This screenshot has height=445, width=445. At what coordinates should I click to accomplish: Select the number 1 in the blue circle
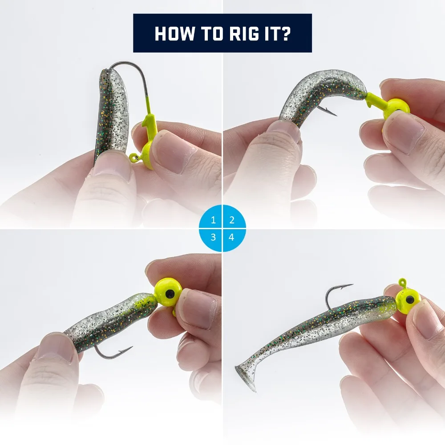[214, 220]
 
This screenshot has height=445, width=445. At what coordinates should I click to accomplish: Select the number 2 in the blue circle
[232, 220]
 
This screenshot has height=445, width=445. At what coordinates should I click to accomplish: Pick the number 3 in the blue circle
[214, 237]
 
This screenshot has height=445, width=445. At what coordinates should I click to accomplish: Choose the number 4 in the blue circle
[231, 237]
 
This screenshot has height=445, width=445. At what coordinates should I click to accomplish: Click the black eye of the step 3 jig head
[170, 293]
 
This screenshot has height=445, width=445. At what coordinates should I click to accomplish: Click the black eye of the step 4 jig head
[410, 299]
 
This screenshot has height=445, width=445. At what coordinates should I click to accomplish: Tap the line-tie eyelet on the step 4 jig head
[402, 283]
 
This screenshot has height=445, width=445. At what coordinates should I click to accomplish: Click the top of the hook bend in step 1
[125, 62]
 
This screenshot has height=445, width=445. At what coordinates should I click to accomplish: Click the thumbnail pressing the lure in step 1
[112, 165]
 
